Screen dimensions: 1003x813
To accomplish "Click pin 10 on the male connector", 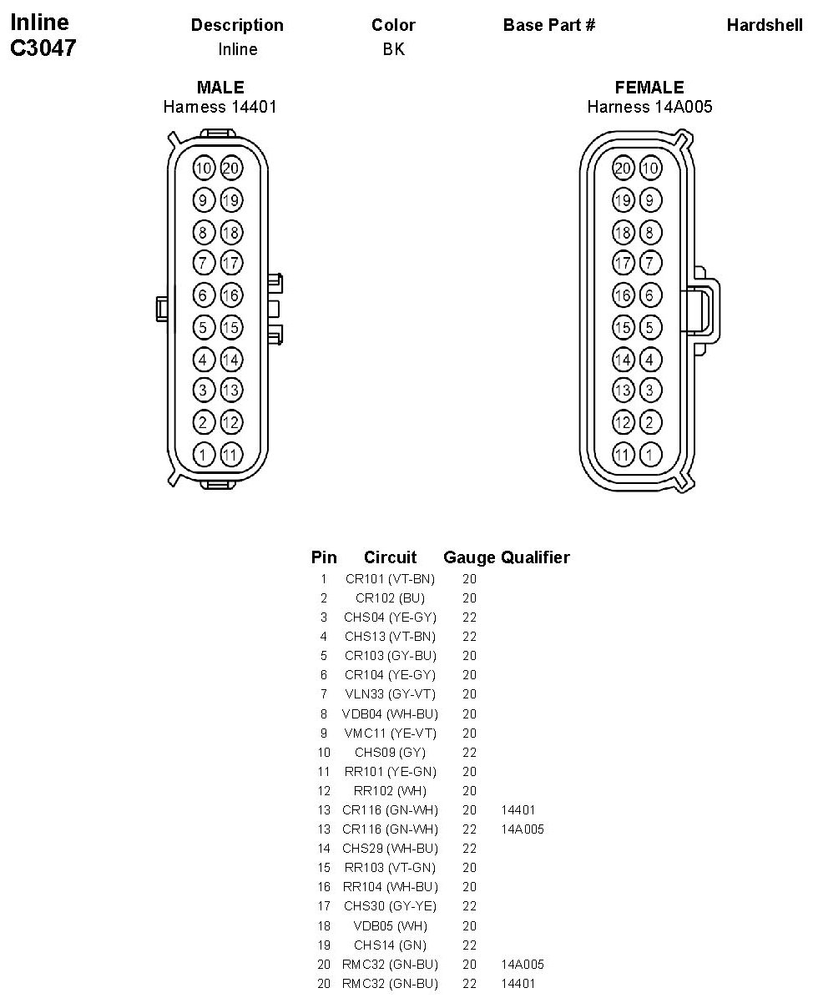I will (204, 169).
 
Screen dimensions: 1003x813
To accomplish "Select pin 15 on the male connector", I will (231, 327).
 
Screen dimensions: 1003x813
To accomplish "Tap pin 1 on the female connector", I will (649, 455).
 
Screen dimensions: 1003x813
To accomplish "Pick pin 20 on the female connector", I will (623, 169).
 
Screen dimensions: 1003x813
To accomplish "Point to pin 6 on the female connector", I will (649, 295).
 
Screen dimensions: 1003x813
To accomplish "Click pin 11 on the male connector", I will (231, 455).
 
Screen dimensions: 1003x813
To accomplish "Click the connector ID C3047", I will (43, 48).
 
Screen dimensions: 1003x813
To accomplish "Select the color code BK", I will (393, 49).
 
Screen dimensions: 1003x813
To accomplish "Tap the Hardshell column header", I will (765, 25).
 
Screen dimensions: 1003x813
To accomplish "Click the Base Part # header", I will (549, 25).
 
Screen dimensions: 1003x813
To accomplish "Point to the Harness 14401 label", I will (220, 107).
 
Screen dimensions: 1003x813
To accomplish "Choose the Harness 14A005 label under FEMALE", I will (649, 107).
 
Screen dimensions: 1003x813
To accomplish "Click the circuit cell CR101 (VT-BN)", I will (390, 579).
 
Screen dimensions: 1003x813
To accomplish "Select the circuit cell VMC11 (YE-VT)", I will (390, 733).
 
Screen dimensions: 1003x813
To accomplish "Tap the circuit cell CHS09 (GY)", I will (390, 753).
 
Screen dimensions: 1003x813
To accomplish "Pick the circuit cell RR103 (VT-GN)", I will (390, 868).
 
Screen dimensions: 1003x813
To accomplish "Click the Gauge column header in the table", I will (470, 557).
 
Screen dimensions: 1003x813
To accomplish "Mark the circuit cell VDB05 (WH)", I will (390, 925).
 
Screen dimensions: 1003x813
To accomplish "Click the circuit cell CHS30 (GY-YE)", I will (390, 906).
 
